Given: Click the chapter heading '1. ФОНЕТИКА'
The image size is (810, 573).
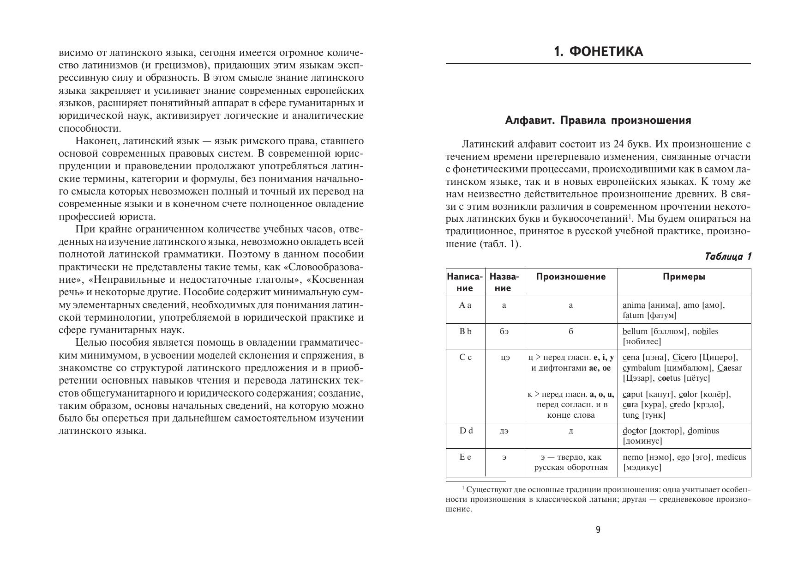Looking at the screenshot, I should (598, 51).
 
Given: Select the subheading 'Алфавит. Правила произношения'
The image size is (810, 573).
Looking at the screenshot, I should (598, 121).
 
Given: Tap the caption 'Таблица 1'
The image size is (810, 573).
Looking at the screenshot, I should (728, 257).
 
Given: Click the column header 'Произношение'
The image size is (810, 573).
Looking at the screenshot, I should (571, 277).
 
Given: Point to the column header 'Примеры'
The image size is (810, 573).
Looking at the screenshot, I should (684, 277).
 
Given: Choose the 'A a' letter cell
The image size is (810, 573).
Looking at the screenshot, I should (465, 305).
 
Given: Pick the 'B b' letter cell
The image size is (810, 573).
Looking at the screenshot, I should (465, 331).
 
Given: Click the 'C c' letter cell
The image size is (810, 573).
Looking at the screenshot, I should (465, 357).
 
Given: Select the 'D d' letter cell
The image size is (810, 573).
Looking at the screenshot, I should (466, 431).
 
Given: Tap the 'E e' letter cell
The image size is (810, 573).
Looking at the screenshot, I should (465, 457).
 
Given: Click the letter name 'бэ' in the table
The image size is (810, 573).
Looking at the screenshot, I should (504, 332).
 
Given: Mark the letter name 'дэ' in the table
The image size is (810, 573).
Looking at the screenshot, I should (504, 431).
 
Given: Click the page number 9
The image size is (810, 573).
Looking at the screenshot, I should (598, 530).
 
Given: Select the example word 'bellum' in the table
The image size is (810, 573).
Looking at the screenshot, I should (635, 331).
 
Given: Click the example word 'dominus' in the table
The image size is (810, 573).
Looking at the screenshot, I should (703, 431).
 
